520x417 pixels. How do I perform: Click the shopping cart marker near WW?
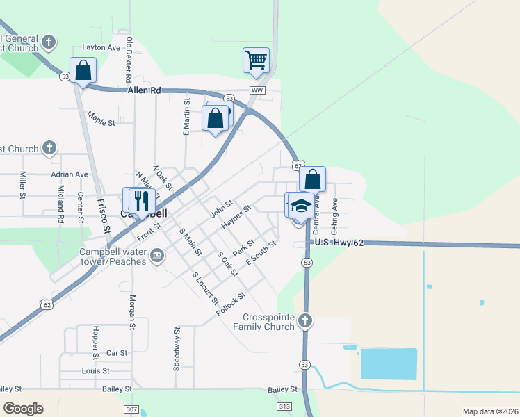point(256,60)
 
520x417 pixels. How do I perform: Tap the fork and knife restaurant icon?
point(142,202)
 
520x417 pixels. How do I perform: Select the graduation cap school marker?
point(301,206)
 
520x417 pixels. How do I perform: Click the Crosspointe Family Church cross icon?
point(304,321)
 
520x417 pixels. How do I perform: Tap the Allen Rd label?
point(144,90)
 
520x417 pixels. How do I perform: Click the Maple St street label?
point(101,118)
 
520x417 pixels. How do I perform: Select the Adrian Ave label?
point(70,174)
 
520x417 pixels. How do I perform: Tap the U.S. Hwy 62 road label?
point(339,243)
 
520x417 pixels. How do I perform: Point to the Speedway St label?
point(177,347)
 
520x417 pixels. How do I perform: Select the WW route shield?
point(257,91)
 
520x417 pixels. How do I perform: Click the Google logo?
point(23,409)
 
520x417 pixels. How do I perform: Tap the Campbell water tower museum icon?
point(157,256)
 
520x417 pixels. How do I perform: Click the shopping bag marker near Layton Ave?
point(83,70)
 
